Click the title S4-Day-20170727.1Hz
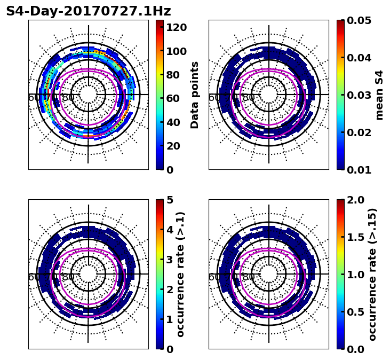(88, 11)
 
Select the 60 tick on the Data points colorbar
(176, 98)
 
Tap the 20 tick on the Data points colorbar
(176, 146)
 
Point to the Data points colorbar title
(195, 95)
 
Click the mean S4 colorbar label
(379, 95)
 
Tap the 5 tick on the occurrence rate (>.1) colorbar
(170, 200)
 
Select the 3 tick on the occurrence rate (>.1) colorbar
(170, 260)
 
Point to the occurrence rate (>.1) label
(181, 274)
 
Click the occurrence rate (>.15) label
(372, 274)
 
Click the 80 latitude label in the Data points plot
(68, 98)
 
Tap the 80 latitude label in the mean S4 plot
(249, 98)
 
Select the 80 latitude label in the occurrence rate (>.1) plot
(68, 277)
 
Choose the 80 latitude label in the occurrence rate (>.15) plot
(249, 277)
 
